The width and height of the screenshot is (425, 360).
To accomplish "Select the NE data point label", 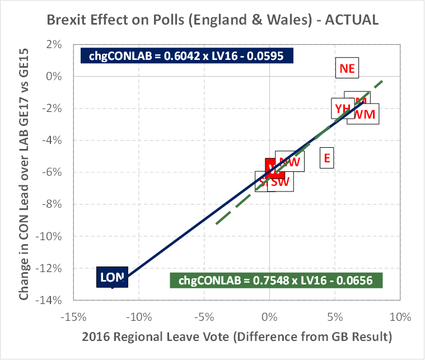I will click(347, 69).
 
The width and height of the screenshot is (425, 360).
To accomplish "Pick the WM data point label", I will click(365, 114).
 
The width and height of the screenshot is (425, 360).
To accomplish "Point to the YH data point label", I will click(341, 108).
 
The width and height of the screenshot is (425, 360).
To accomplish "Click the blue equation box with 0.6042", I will click(189, 55).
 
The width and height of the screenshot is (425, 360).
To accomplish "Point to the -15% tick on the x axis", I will click(74, 317).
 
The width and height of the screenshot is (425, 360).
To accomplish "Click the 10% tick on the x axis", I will click(400, 317).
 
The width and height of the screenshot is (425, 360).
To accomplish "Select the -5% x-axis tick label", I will click(204, 317).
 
